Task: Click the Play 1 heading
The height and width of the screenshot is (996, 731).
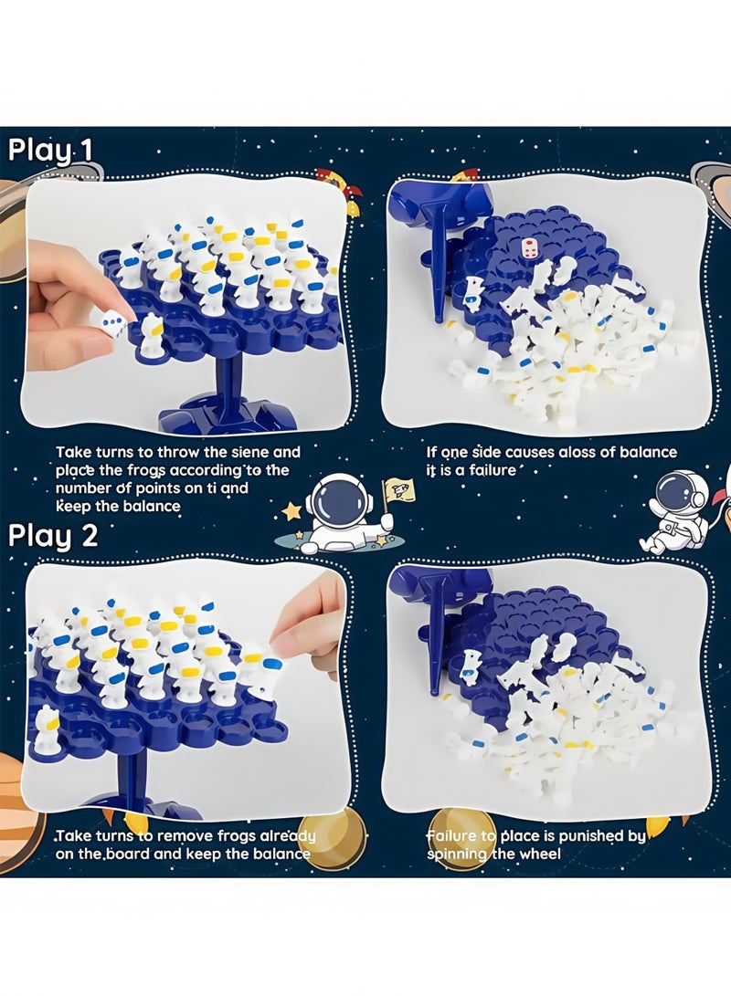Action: (x=51, y=149)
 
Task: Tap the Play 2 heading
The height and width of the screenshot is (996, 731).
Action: (x=53, y=535)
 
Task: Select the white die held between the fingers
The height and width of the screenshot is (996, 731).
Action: (x=113, y=323)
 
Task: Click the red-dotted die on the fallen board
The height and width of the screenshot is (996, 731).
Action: (x=529, y=247)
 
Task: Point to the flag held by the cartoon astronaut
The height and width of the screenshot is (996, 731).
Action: (x=399, y=494)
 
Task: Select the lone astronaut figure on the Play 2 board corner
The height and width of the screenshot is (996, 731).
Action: (x=46, y=730)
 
